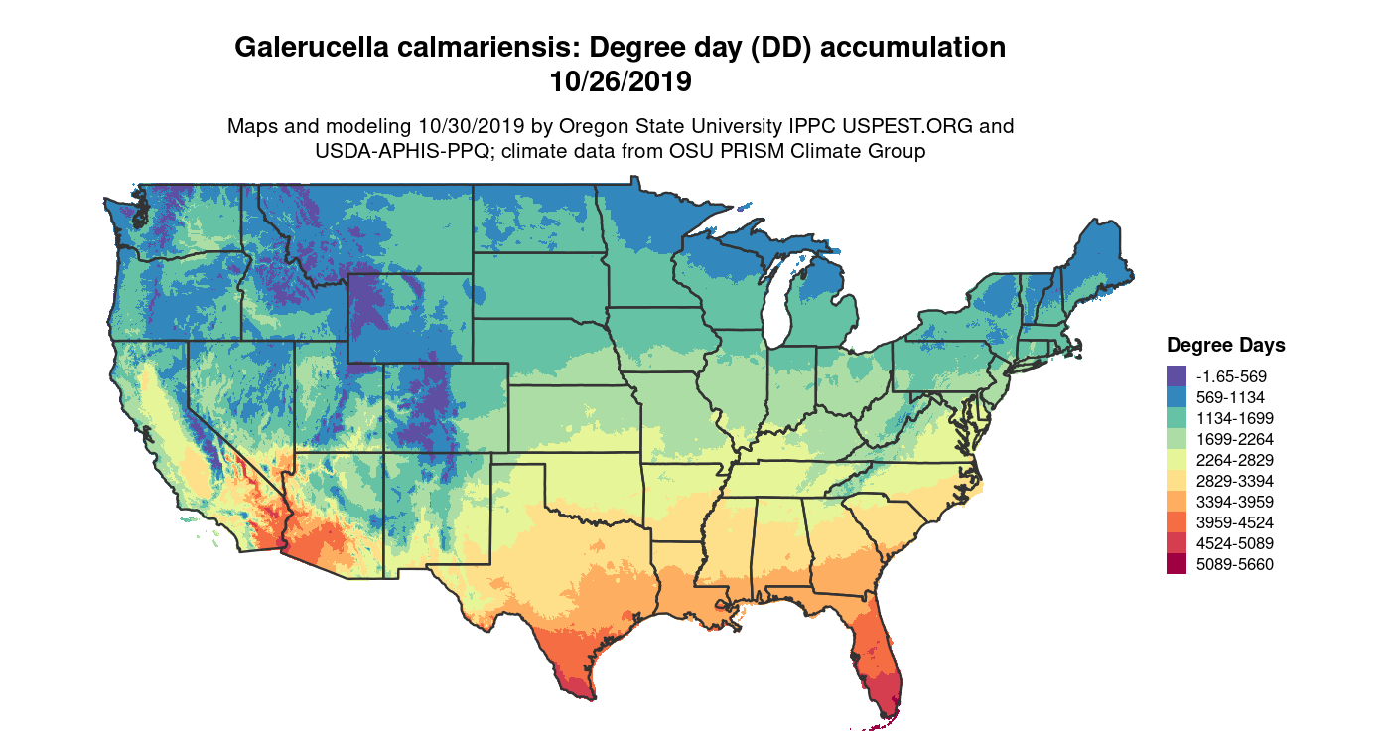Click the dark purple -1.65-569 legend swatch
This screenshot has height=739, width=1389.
pos(1177,376)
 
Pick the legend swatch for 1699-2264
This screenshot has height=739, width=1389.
pos(1177,439)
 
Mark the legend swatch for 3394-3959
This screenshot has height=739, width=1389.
pos(1177,502)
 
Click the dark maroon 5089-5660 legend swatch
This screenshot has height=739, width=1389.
pos(1177,564)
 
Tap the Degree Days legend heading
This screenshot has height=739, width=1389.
pos(1225,346)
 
